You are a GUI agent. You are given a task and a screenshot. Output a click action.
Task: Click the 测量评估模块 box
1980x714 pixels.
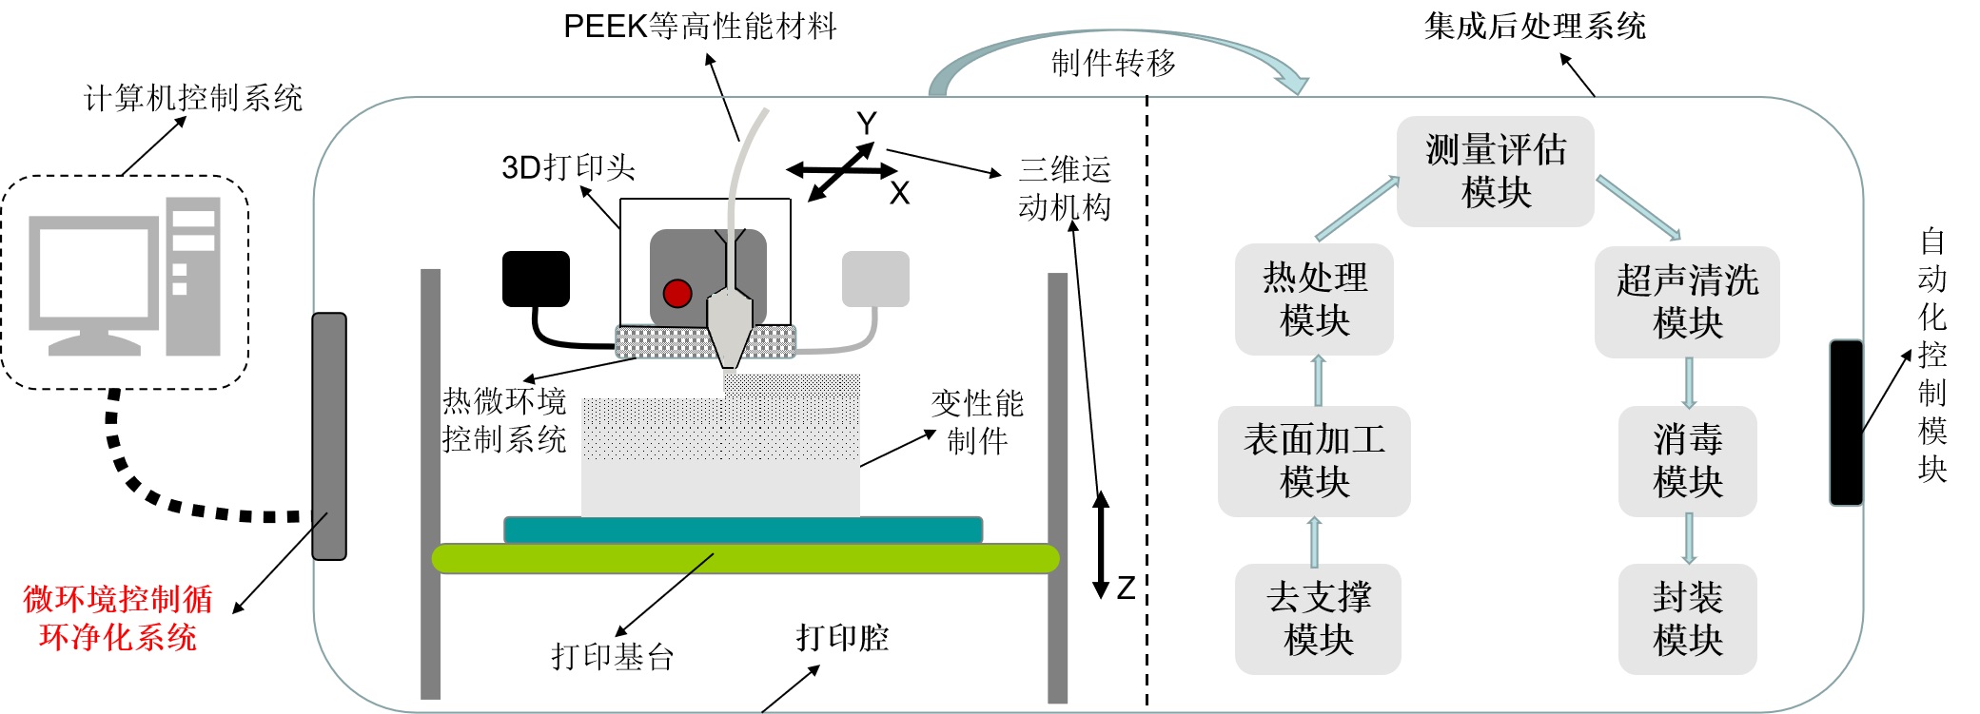point(1495,171)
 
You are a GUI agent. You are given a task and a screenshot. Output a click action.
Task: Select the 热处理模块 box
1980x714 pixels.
point(1314,299)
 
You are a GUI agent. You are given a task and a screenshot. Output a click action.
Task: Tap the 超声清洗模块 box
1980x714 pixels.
point(1686,302)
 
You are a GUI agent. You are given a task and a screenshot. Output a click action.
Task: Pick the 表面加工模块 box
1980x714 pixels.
point(1313,461)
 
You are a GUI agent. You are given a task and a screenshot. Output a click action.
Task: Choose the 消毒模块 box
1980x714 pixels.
point(1687,461)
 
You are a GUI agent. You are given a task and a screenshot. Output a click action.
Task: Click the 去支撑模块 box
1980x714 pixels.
point(1318,619)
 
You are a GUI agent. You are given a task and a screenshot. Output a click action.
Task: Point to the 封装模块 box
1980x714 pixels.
point(1687,619)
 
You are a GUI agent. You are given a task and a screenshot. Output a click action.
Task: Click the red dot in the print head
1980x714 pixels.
point(677,293)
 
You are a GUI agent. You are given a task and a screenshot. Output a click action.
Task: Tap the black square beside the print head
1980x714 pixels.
point(536,279)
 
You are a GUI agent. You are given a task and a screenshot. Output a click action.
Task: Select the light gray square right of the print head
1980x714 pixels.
point(875,279)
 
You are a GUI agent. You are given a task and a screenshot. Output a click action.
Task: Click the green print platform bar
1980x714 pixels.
point(745,558)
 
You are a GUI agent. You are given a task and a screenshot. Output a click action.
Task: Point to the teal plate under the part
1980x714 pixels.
point(742,530)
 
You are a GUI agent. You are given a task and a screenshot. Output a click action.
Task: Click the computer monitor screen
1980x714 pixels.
point(93,271)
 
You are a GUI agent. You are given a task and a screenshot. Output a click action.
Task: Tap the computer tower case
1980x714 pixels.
point(193,276)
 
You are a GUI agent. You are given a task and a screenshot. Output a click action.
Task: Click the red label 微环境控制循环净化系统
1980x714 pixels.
point(117,618)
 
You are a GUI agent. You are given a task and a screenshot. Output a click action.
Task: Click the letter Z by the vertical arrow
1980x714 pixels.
point(1127,588)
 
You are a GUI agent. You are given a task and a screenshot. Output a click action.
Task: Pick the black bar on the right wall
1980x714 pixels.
point(1846,422)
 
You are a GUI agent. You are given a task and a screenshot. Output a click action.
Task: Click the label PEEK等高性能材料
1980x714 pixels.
point(699,27)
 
